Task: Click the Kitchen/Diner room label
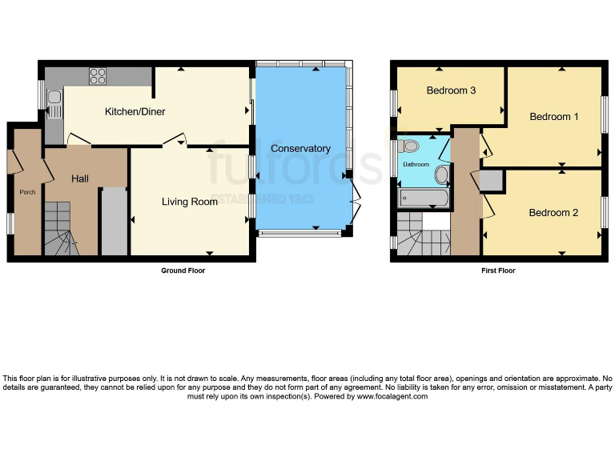pos(135,111)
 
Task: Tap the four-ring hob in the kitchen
pos(98,76)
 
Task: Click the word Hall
pos(80,178)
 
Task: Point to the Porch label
pos(27,192)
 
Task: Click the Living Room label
pos(190,202)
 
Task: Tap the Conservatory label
pos(300,149)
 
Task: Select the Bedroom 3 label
pos(451,90)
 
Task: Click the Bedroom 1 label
pos(554,117)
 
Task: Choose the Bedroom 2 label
pos(553,213)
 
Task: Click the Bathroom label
pos(416,165)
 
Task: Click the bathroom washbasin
pos(441,175)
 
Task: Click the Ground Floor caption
pos(183,271)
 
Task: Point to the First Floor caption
pos(498,271)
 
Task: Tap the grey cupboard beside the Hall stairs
pos(115,222)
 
